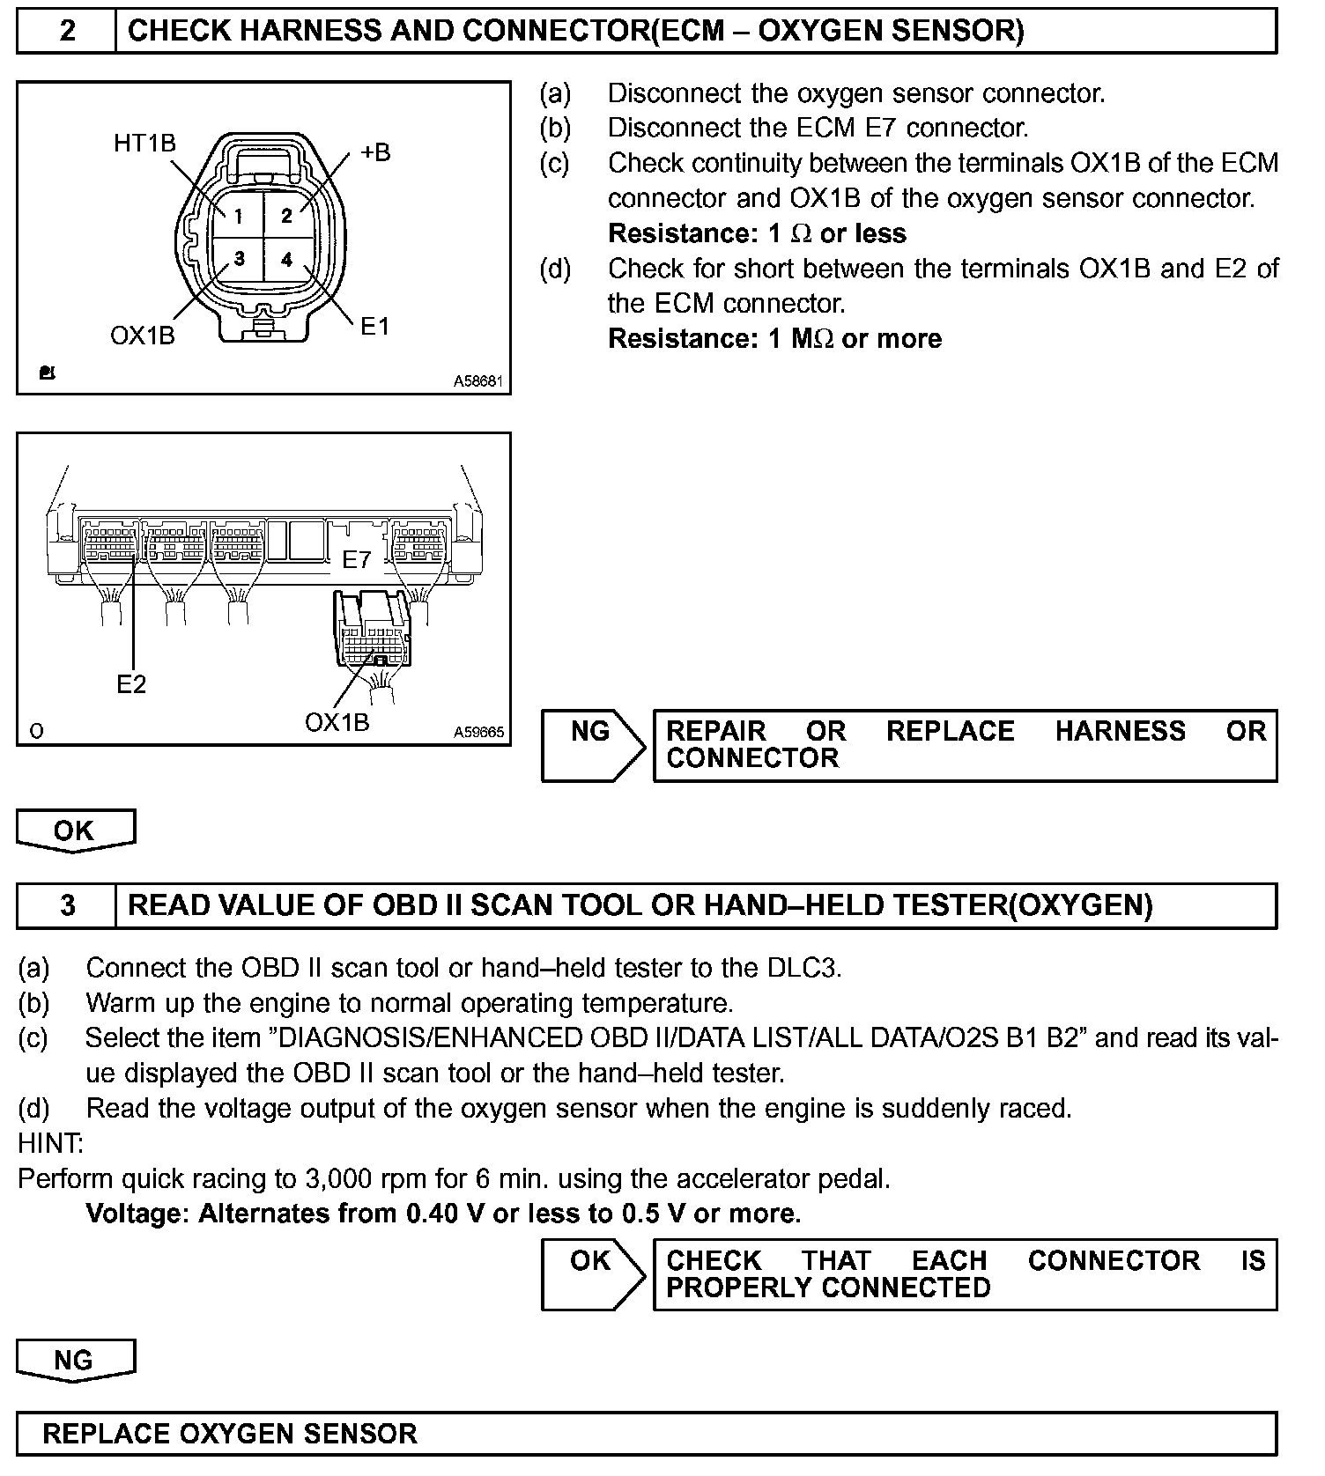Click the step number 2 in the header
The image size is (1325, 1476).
point(67,31)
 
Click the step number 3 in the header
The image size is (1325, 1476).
point(67,905)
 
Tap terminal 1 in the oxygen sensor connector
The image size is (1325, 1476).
point(238,215)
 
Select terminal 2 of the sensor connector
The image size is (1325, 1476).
point(286,215)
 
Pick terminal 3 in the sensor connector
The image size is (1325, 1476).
point(238,259)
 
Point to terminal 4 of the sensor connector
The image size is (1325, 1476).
point(286,259)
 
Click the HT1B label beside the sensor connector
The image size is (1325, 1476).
point(144,143)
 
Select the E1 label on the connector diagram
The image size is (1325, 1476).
point(374,326)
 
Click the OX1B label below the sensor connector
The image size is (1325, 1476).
point(143,336)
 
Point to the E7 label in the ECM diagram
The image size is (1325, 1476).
point(357,559)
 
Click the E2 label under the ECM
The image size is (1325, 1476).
point(131,683)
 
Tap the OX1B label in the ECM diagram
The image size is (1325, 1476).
point(337,722)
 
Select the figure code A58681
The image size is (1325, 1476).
point(477,381)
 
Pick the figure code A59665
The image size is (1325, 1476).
point(478,732)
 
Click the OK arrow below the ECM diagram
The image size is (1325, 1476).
point(75,830)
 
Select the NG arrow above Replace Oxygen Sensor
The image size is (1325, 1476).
point(74,1360)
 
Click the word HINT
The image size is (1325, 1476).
point(50,1143)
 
